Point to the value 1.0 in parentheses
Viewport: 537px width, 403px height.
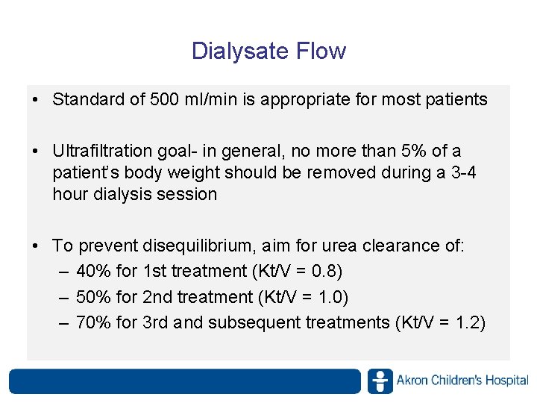(x=331, y=297)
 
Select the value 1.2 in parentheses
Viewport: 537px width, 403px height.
(x=468, y=322)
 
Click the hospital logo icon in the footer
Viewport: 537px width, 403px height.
(x=380, y=381)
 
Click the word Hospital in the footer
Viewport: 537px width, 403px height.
(x=506, y=381)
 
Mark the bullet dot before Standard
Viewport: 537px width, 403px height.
(x=36, y=100)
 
